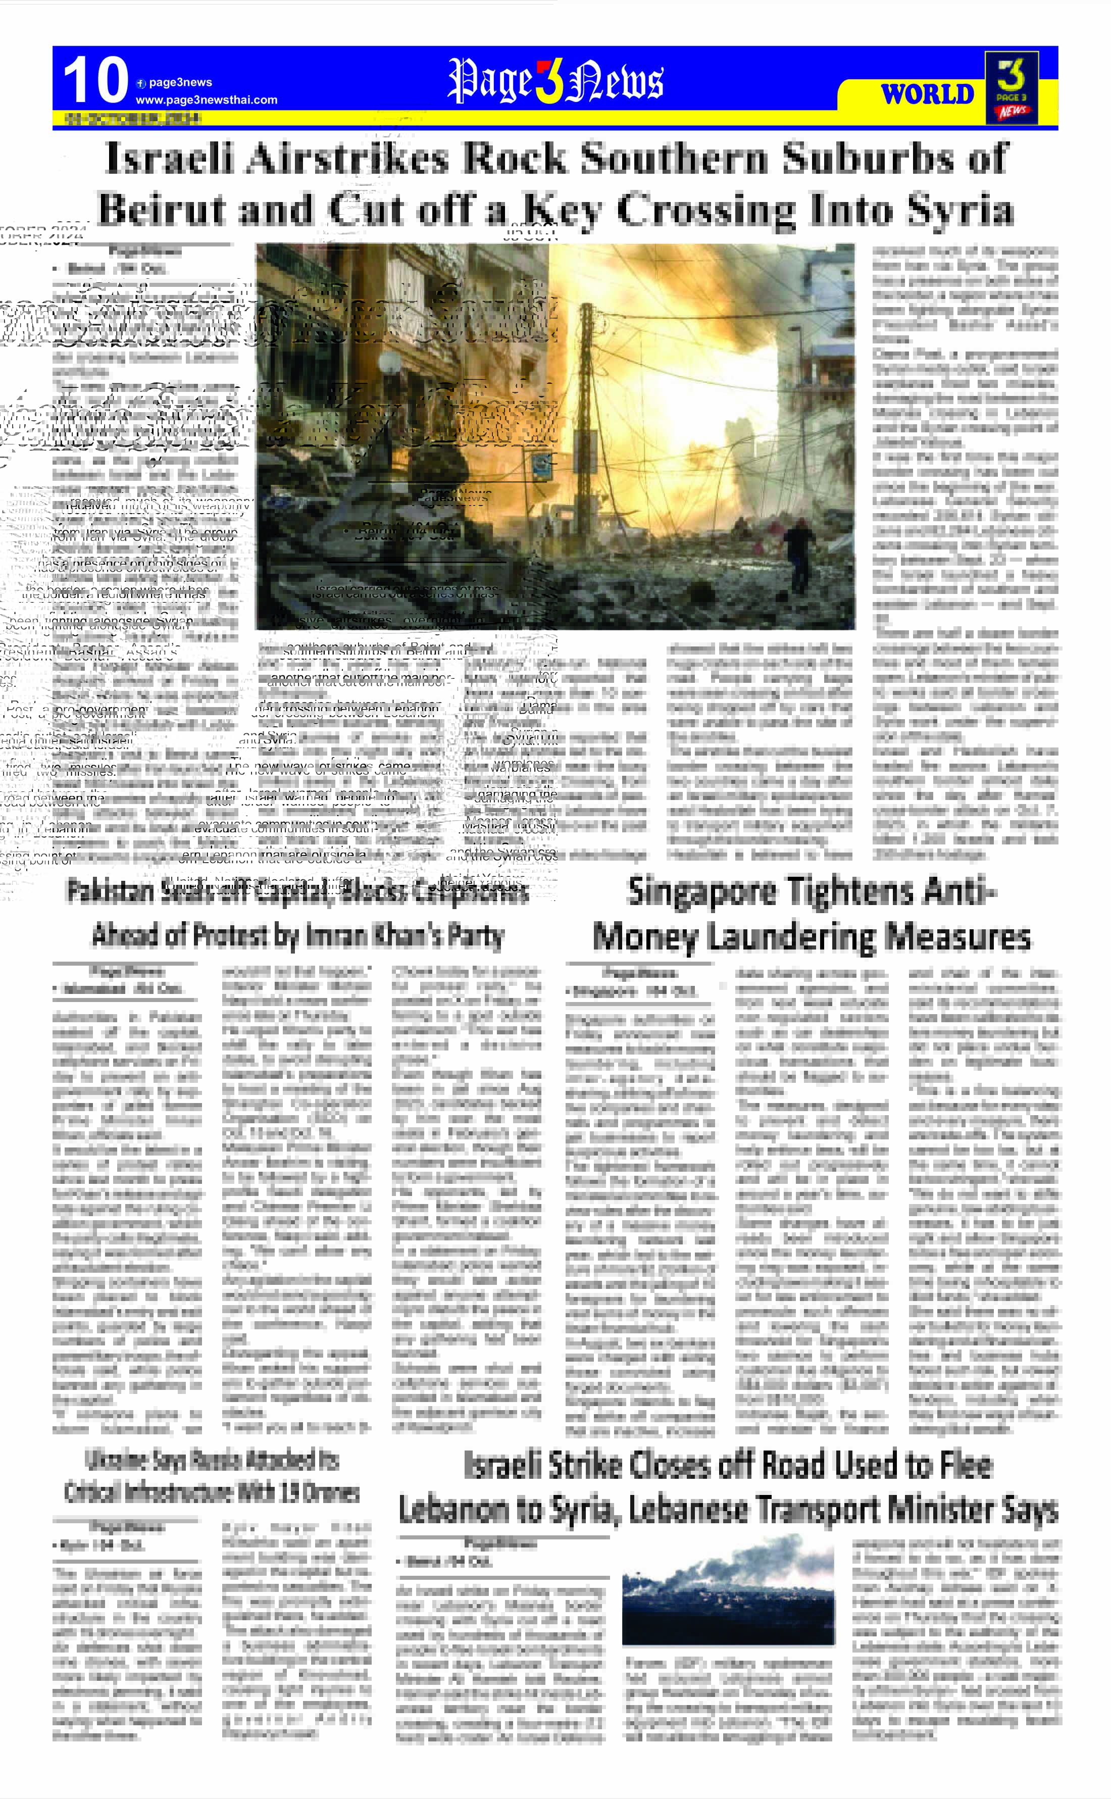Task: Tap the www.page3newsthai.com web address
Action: [207, 100]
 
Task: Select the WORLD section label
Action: [927, 95]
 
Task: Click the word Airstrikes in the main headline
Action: [349, 159]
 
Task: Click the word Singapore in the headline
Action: [702, 893]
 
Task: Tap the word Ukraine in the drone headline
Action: [117, 1460]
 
